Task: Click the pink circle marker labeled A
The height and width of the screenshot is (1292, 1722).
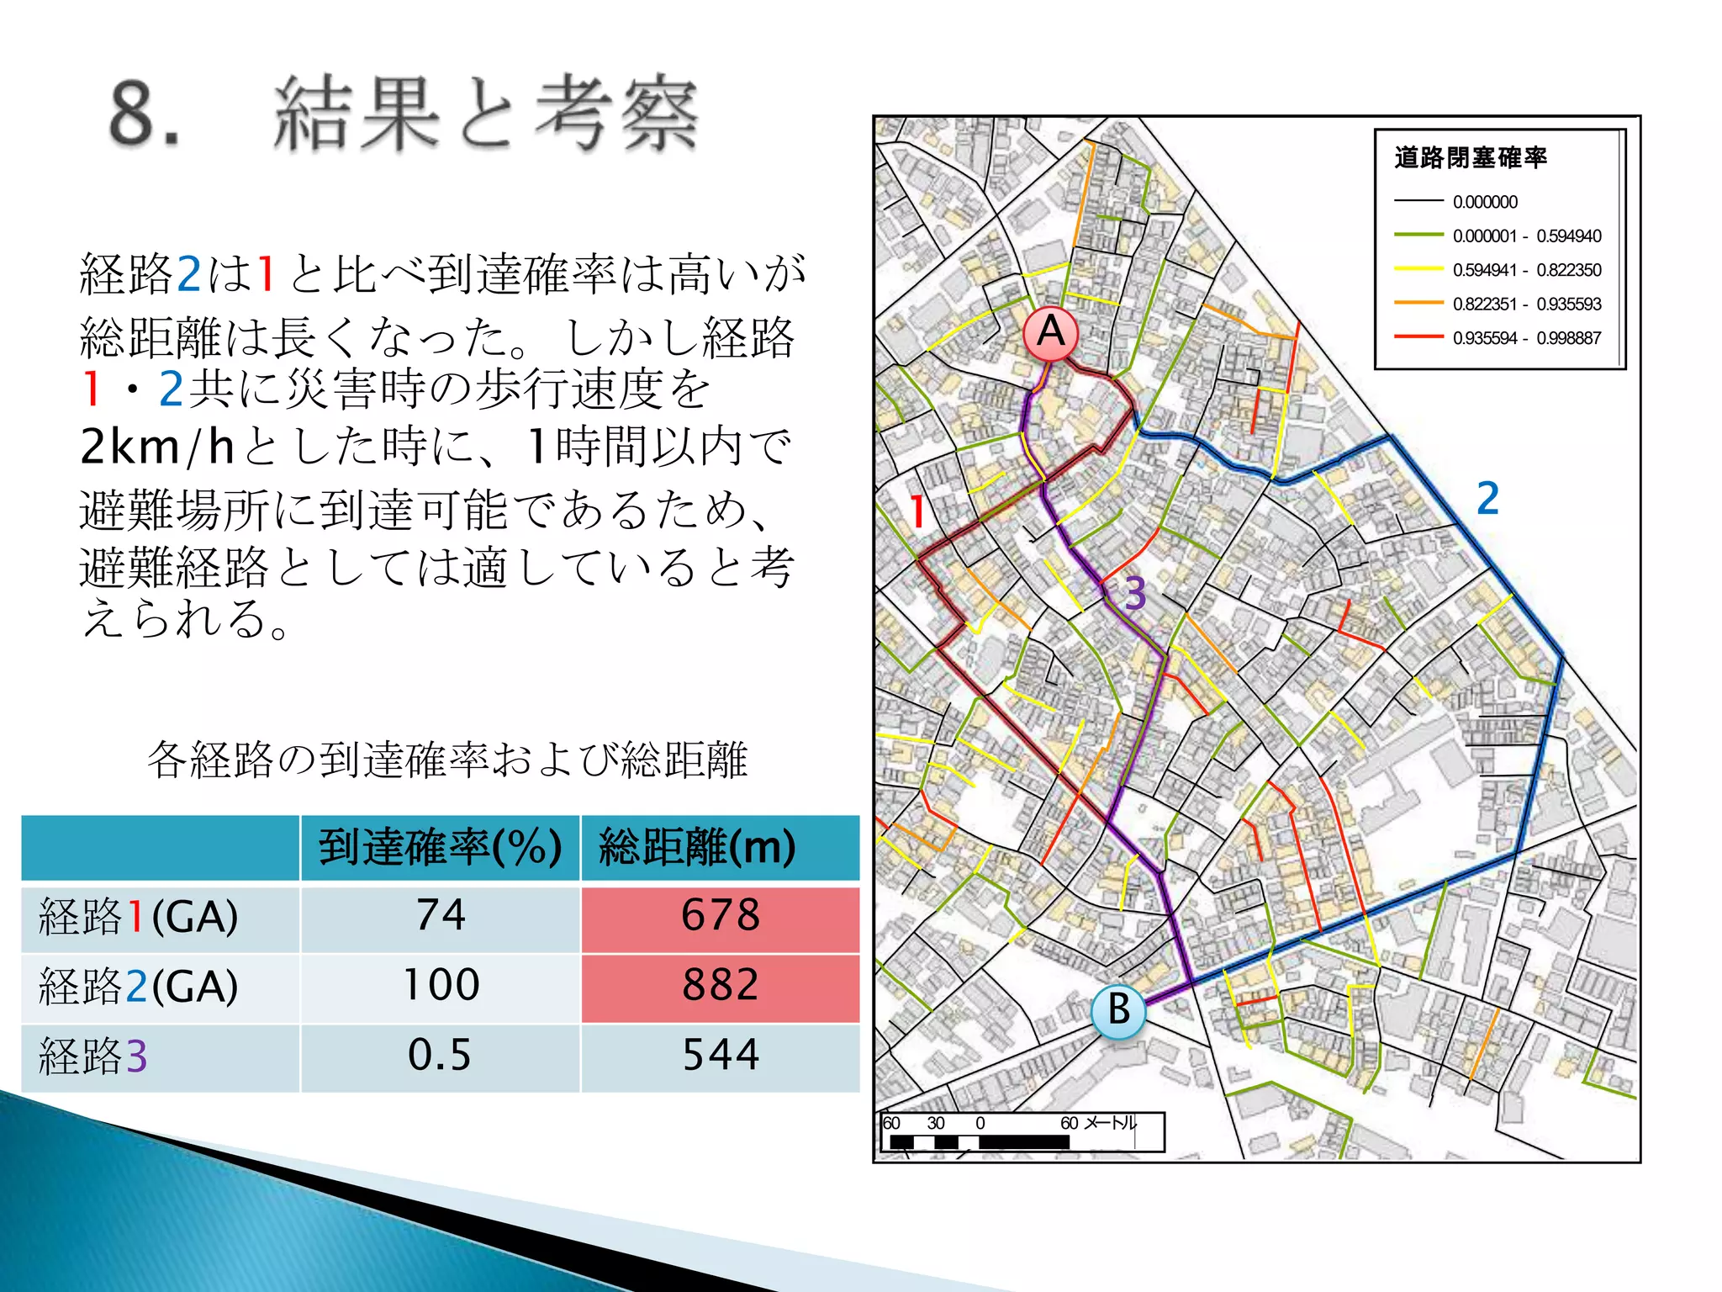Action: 1051,333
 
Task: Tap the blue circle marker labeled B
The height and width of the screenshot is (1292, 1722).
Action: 1117,1010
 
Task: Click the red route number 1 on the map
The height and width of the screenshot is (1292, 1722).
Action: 918,512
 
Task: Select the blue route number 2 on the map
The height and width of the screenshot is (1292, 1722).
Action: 1487,498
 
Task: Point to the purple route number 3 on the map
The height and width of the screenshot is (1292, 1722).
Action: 1135,594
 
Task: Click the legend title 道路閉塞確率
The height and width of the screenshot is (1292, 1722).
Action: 1471,158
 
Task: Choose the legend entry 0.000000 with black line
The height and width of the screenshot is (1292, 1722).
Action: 1485,202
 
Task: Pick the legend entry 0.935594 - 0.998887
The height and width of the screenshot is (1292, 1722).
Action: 1526,338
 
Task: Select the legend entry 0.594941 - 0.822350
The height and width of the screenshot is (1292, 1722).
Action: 1526,270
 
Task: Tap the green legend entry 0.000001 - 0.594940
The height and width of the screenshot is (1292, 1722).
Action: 1526,236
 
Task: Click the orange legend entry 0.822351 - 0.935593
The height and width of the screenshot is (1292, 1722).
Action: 1526,304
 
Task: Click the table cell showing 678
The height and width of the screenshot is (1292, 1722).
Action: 720,916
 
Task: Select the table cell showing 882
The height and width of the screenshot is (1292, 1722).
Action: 720,985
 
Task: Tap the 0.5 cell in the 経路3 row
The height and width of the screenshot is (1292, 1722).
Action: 440,1056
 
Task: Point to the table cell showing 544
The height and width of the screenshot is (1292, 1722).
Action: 720,1056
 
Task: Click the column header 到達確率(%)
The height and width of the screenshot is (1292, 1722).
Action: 440,847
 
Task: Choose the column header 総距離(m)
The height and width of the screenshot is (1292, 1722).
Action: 697,847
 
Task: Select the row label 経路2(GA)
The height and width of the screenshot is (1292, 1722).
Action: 140,987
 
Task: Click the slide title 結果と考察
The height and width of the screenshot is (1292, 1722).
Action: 486,114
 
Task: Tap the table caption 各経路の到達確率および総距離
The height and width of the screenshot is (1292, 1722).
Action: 446,760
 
